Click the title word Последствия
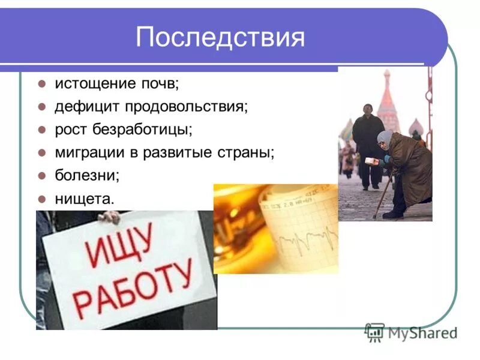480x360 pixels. click(220, 37)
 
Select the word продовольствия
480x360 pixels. click(186, 107)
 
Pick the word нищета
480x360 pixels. click(83, 198)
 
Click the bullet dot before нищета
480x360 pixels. click(42, 198)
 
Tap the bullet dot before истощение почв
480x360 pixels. click(42, 84)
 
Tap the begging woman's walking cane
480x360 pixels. click(384, 192)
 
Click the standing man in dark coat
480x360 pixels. click(367, 144)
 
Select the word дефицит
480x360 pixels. click(87, 107)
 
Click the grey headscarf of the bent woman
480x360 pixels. click(385, 139)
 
